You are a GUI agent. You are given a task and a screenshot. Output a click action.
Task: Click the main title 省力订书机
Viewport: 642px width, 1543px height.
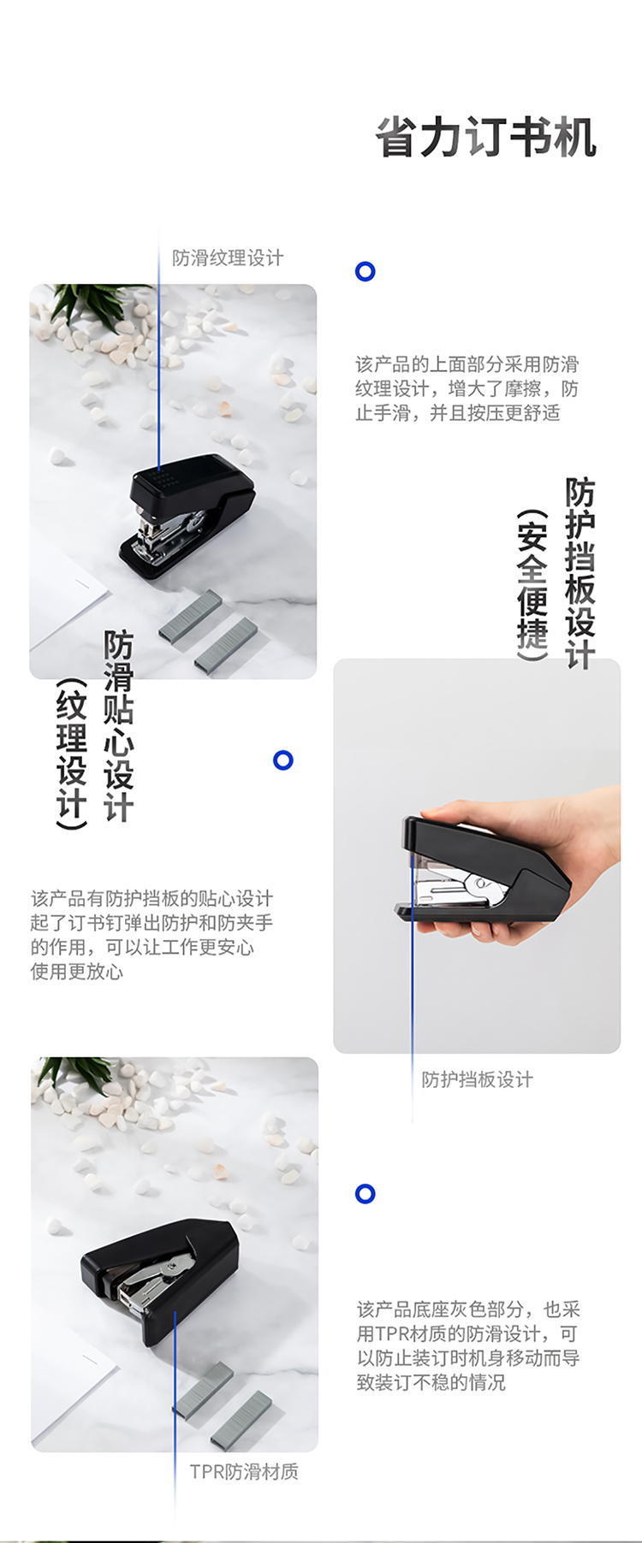pos(485,138)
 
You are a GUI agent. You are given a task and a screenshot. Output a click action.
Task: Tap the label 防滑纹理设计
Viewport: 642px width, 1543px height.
pos(228,258)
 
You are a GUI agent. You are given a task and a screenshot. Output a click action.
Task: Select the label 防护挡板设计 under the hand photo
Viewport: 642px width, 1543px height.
pos(477,1079)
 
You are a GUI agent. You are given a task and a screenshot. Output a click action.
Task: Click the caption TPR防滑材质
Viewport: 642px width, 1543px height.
pos(244,1471)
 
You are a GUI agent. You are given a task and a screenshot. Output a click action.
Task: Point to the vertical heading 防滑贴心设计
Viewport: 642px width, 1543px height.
pos(119,726)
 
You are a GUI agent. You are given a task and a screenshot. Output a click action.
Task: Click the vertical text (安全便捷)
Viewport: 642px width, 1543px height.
pos(532,585)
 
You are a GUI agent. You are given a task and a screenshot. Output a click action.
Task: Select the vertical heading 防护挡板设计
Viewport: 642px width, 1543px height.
pos(580,573)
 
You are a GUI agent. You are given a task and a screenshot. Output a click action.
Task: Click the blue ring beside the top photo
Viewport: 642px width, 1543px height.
pos(366,272)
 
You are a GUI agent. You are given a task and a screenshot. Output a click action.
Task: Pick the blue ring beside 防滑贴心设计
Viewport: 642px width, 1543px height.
pos(283,760)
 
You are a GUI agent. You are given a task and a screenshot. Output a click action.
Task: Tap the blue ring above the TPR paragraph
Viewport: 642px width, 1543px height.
pos(366,1194)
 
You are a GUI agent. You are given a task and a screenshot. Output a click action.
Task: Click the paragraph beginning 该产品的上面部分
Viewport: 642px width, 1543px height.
pos(467,388)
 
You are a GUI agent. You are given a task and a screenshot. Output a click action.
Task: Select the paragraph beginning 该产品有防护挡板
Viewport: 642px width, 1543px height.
pos(152,935)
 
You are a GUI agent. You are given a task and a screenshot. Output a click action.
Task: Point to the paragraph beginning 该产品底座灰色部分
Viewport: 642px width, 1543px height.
pos(469,1345)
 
